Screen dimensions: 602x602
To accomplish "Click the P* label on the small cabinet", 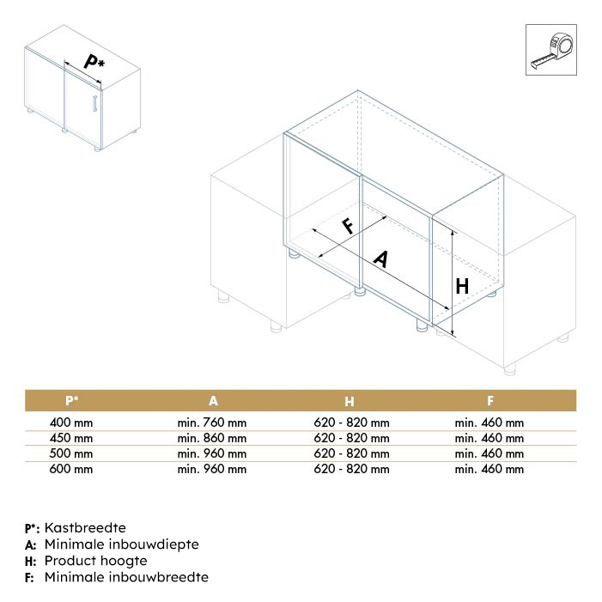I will tap(94, 62).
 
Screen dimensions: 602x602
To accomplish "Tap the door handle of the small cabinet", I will tap(93, 106).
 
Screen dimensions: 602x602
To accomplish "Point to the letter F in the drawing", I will tap(349, 226).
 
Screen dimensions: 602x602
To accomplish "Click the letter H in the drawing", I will tap(462, 286).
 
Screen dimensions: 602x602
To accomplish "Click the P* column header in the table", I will tap(73, 400).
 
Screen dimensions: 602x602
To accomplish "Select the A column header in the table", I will tap(213, 400).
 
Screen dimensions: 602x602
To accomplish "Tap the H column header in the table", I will tap(350, 400).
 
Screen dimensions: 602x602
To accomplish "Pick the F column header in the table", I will tap(490, 400).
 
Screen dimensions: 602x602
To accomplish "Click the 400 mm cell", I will tap(72, 423).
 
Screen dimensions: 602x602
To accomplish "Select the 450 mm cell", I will tap(72, 438).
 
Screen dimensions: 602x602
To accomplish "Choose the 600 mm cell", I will tap(72, 469).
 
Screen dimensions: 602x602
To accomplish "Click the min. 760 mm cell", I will tap(212, 423).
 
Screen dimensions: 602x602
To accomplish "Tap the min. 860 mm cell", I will tap(212, 438).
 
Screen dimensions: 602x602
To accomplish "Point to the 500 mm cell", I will tap(72, 453).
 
